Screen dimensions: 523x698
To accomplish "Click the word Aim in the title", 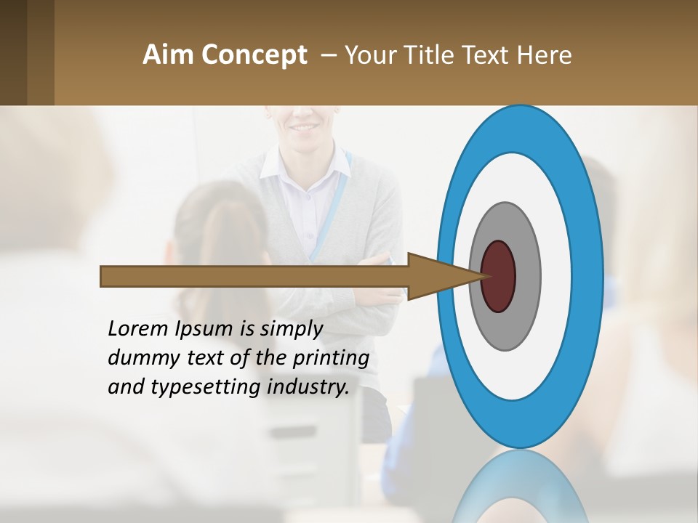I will (x=169, y=54).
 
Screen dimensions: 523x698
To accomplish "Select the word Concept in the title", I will (x=254, y=55).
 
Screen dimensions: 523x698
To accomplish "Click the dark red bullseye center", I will (x=499, y=276).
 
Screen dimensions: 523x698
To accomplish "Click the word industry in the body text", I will (x=308, y=387).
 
